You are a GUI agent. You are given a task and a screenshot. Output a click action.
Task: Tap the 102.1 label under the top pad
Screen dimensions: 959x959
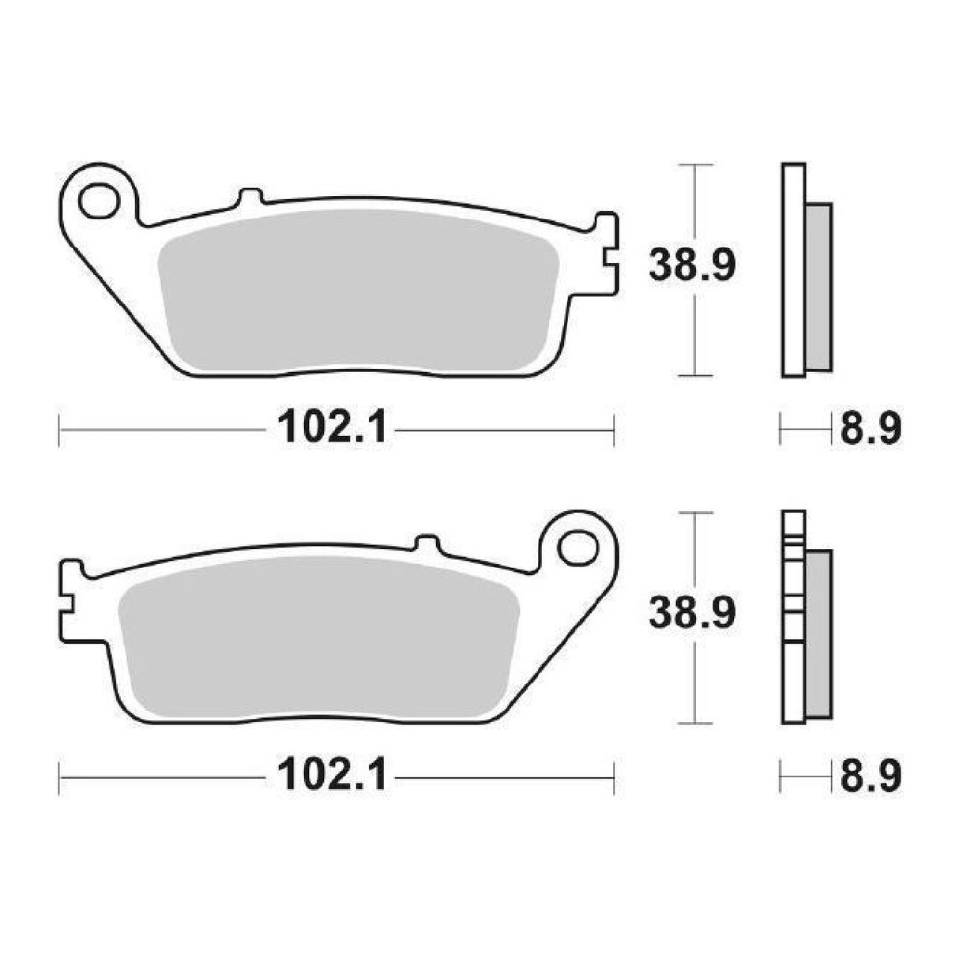tap(332, 431)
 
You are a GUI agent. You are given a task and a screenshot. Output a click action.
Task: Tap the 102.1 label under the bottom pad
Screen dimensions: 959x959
tap(332, 777)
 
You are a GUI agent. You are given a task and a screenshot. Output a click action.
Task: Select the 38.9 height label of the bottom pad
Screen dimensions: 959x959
tap(692, 612)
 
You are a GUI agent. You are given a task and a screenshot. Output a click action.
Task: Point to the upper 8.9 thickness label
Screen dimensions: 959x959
tap(870, 431)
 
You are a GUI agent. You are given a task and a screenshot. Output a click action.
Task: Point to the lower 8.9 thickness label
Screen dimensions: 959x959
tap(870, 777)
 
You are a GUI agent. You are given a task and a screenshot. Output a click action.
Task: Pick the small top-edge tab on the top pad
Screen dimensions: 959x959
tap(249, 197)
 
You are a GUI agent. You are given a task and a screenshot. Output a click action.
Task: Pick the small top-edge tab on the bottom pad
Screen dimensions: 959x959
tap(426, 544)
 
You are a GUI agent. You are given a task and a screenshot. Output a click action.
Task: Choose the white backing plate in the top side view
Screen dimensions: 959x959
tap(793, 269)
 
